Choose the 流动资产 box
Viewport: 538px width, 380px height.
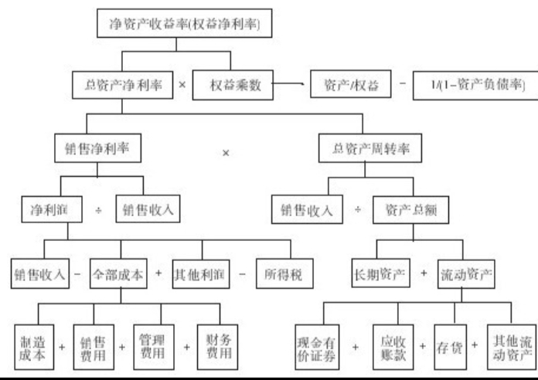[465, 273]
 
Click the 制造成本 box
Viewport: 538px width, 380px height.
[32, 345]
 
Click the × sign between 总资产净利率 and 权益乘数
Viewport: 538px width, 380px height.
[182, 85]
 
